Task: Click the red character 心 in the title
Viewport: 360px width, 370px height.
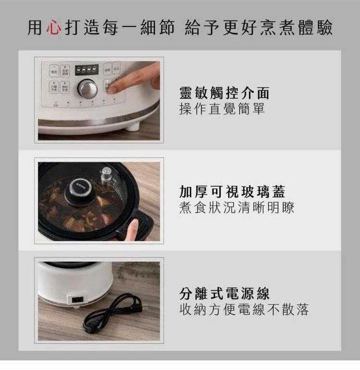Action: [x=54, y=27]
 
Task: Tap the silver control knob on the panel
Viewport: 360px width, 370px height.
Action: [x=87, y=89]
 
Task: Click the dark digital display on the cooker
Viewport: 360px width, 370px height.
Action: [x=87, y=70]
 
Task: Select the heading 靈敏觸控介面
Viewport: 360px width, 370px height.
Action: [x=224, y=93]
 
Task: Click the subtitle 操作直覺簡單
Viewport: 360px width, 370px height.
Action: [x=222, y=109]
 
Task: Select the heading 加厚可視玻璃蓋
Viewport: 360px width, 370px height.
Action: [x=232, y=192]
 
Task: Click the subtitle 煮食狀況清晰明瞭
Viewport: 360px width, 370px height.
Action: [x=237, y=208]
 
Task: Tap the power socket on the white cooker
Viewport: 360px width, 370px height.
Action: [x=77, y=300]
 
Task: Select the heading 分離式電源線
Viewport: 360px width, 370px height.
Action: [x=224, y=293]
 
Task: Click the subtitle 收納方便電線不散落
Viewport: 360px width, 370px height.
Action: [x=244, y=309]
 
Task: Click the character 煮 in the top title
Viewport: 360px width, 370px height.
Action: [x=287, y=27]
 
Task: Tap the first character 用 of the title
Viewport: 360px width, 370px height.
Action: [x=35, y=27]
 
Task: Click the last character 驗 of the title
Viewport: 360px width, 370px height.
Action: [x=324, y=27]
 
